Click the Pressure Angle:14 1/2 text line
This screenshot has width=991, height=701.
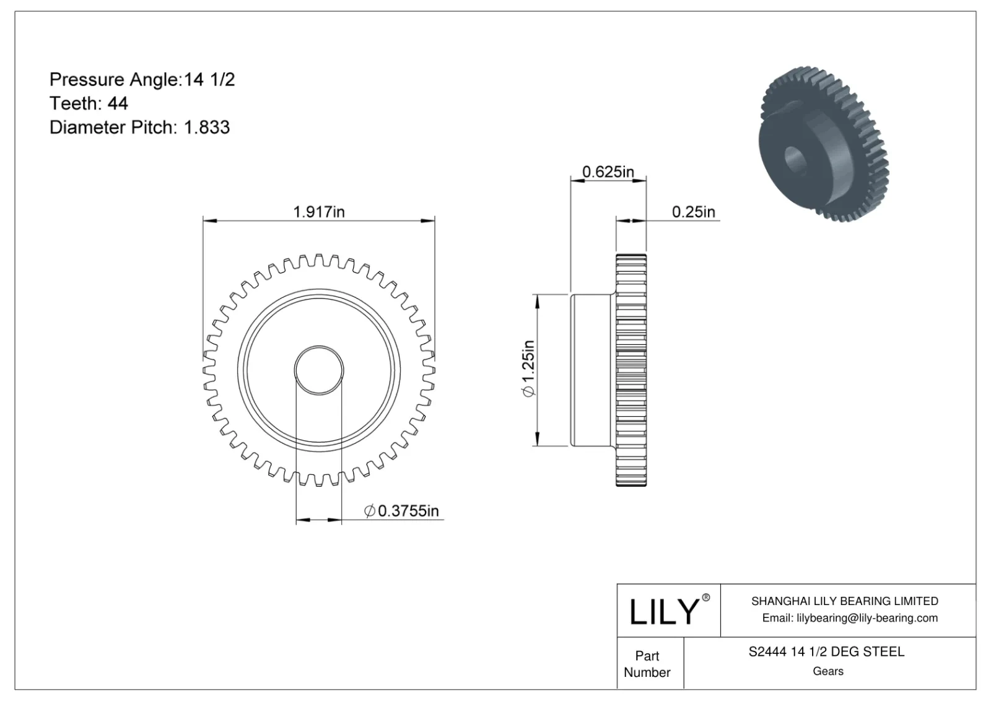[x=142, y=79]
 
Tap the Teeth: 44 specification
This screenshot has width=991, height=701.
[x=89, y=103]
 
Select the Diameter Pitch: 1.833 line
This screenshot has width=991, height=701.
[x=139, y=128]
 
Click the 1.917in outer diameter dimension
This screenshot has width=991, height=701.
[x=318, y=212]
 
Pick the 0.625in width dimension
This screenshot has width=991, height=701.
[x=608, y=172]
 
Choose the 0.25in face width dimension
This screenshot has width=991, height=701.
[x=693, y=212]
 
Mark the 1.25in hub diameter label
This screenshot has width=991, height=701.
[x=528, y=369]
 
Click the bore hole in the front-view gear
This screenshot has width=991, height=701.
[x=318, y=370]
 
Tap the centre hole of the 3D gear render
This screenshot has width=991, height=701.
[x=794, y=159]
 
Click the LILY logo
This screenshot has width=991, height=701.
[x=664, y=611]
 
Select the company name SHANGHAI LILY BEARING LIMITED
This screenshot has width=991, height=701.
[x=844, y=601]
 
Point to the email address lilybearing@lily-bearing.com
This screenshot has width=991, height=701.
[x=849, y=618]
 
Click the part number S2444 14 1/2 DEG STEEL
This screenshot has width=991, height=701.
[x=826, y=651]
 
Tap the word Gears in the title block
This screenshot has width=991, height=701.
[x=827, y=671]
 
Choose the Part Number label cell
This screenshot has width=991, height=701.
[x=647, y=664]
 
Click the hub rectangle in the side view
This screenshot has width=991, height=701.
[x=593, y=370]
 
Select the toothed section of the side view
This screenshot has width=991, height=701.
[x=631, y=370]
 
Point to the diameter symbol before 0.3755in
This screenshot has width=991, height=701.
[x=370, y=512]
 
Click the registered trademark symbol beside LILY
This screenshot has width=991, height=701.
[x=705, y=598]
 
